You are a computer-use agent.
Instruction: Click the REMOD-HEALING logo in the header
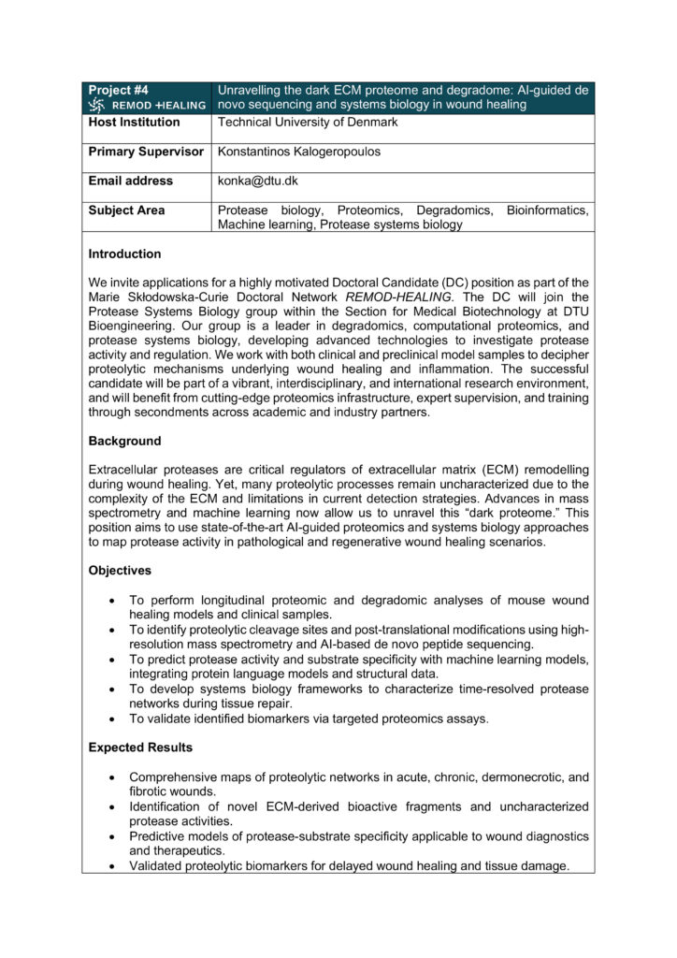point(147,105)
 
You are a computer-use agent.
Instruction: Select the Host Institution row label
point(134,122)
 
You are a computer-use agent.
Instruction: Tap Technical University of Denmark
point(308,122)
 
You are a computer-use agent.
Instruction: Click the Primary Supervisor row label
point(146,152)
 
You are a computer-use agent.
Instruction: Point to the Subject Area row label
point(126,210)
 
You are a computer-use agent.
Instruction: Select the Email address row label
point(130,181)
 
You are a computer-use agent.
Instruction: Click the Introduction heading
point(124,254)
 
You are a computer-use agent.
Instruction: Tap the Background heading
point(124,441)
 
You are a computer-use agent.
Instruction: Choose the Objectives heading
point(120,570)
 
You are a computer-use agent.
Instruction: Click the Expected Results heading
point(140,748)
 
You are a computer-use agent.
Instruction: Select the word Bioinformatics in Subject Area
point(547,210)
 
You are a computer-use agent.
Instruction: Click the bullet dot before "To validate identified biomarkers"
point(112,719)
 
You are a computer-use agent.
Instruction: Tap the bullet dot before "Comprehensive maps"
point(112,777)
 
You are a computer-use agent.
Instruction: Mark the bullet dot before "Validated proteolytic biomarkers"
point(112,866)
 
